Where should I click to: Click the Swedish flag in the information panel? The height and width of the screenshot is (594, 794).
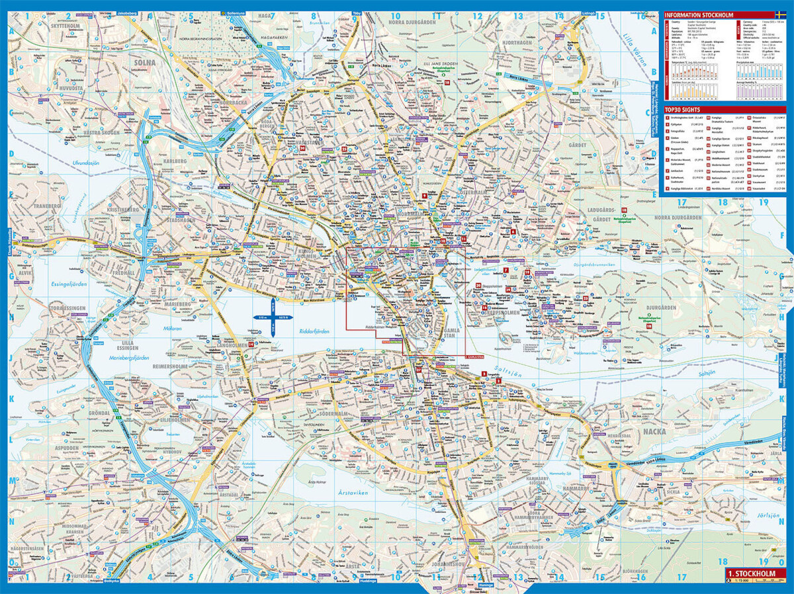click(781, 15)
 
